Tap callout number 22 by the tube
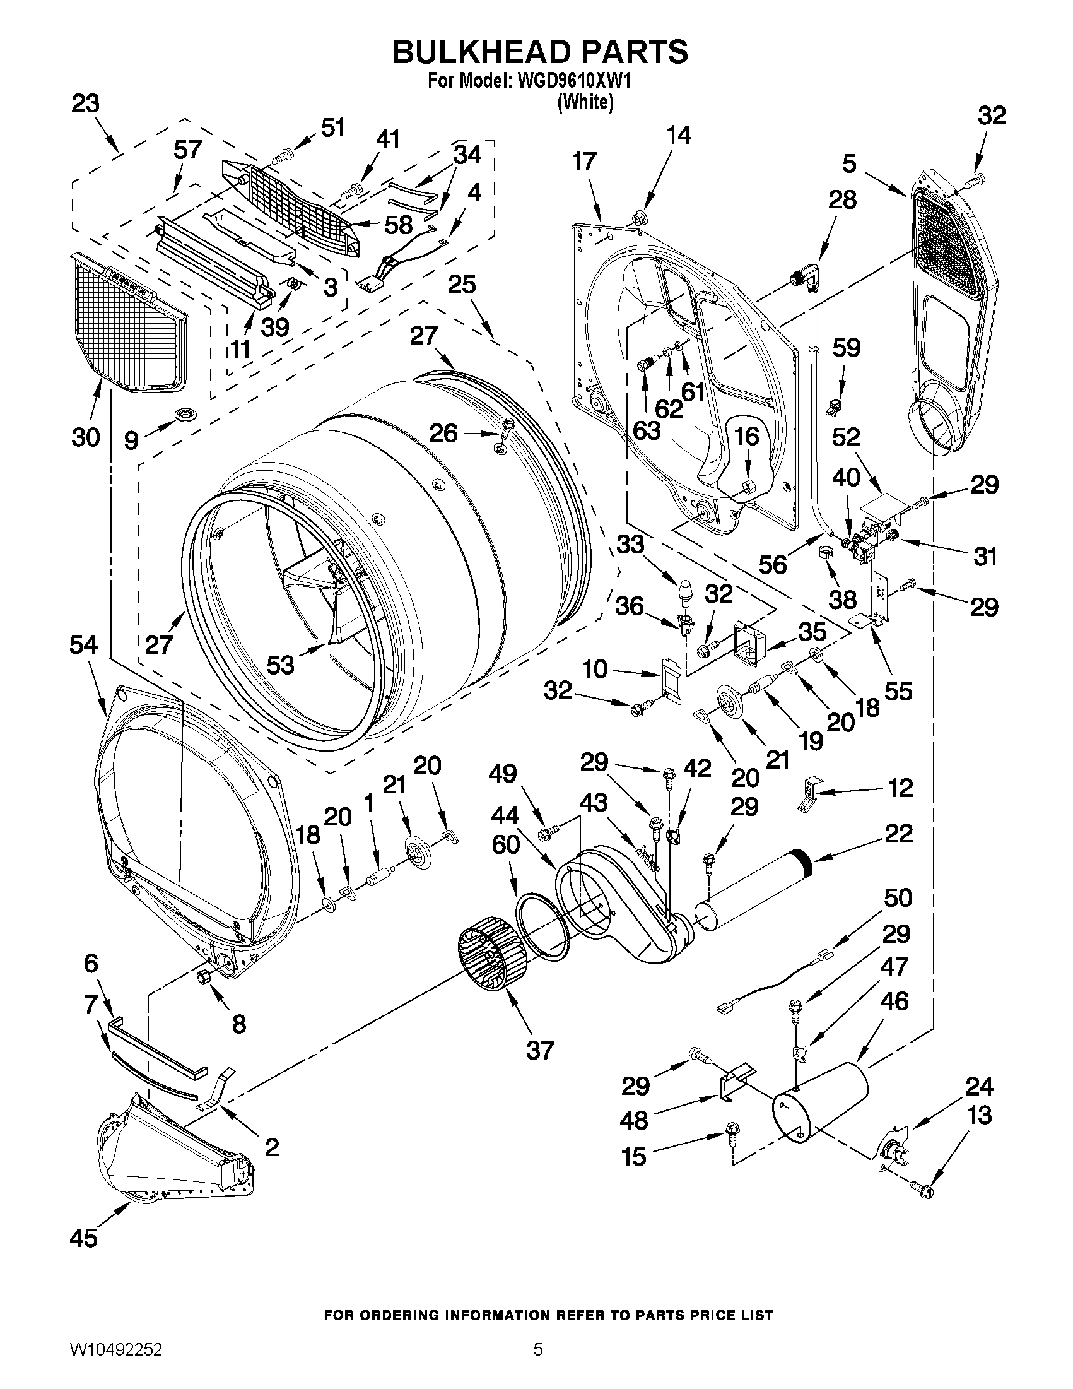coord(898,833)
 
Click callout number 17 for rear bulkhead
coord(583,162)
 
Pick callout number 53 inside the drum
coord(280,665)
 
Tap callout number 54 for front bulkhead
coord(84,645)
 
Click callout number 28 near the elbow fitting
coord(842,199)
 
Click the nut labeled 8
coord(205,978)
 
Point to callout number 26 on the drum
coord(443,433)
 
